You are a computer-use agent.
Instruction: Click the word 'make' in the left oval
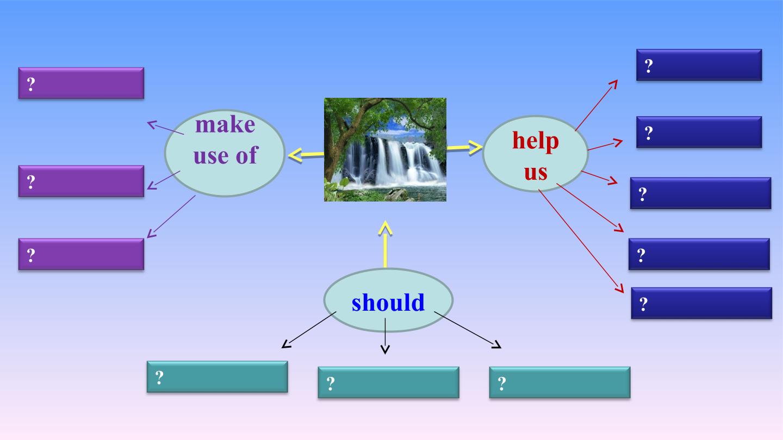point(225,125)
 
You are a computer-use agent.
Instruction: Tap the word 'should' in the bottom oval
point(388,302)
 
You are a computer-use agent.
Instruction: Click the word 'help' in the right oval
point(536,141)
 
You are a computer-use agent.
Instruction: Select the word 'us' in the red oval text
point(536,173)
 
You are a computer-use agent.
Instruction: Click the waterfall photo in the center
point(385,149)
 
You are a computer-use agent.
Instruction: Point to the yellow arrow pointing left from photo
point(306,155)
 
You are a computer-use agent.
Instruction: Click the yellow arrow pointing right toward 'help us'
point(464,148)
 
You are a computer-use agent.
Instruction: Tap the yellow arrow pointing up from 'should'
point(385,244)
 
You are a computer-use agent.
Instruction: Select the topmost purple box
point(81,83)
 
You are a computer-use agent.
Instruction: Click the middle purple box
point(81,181)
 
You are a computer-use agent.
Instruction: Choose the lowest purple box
point(81,254)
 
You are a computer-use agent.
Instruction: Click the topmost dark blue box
point(699,65)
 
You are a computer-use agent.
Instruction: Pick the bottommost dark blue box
point(701,303)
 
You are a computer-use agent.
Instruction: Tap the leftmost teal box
point(217,377)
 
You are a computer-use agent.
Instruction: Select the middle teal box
point(388,382)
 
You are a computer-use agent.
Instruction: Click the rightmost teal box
point(560,382)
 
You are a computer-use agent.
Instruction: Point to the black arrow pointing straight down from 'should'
point(385,336)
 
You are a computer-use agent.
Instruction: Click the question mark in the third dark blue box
point(643,194)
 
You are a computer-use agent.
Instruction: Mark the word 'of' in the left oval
point(247,155)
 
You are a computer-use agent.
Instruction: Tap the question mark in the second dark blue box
point(648,133)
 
